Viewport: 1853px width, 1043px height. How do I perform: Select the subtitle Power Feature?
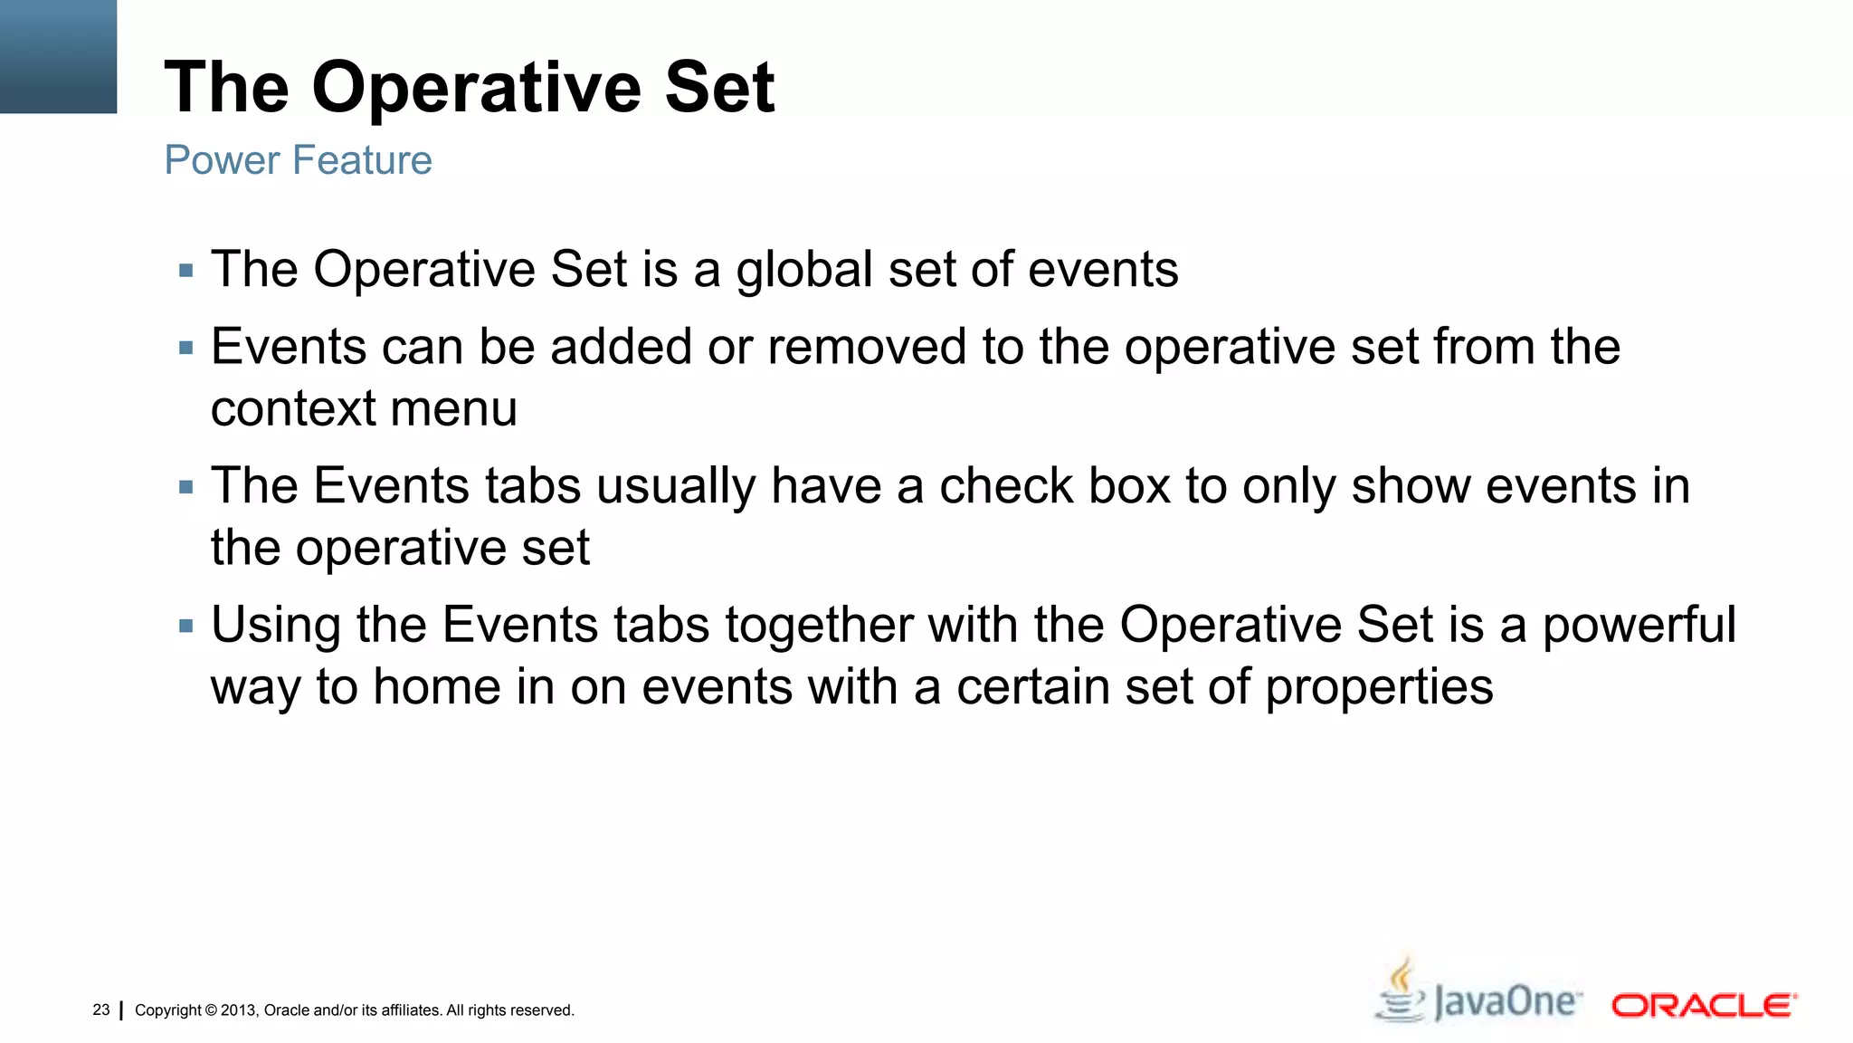pyautogui.click(x=298, y=160)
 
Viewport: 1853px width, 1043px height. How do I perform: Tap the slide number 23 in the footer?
pyautogui.click(x=101, y=1010)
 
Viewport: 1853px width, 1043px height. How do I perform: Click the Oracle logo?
pyautogui.click(x=1704, y=1006)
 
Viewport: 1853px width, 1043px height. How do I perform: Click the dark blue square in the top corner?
pyautogui.click(x=58, y=56)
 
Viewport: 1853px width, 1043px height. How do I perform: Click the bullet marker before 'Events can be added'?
pyautogui.click(x=186, y=348)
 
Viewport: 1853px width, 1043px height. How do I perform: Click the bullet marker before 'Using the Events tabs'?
pyautogui.click(x=186, y=626)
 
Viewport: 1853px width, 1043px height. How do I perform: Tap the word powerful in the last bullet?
pyautogui.click(x=1639, y=626)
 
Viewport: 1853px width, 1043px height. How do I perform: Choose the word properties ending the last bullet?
pyautogui.click(x=1379, y=688)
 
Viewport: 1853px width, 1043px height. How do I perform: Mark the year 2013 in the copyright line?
pyautogui.click(x=239, y=1010)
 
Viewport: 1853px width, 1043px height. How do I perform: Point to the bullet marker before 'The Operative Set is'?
pyautogui.click(x=186, y=271)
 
